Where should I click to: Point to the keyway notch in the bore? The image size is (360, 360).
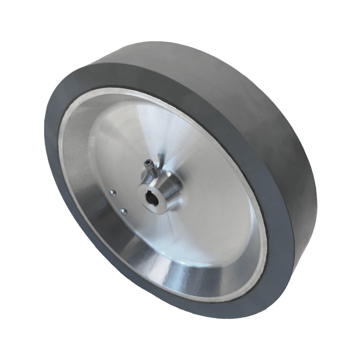point(151,196)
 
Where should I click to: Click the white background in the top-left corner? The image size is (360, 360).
point(18,18)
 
